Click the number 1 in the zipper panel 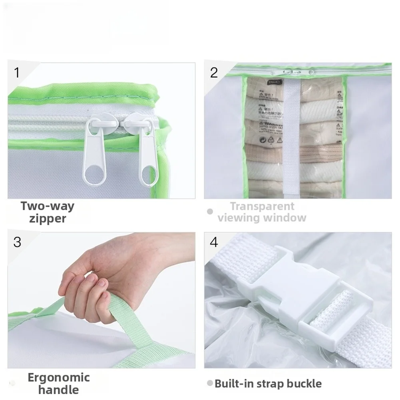tap(16, 72)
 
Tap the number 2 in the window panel tap(214, 72)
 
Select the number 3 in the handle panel tap(17, 242)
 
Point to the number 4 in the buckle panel tap(214, 242)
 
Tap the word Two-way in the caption tap(48, 206)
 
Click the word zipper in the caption tap(48, 219)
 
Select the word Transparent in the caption tap(262, 206)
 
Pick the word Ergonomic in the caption tap(58, 377)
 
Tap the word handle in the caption tap(58, 390)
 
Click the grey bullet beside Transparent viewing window tap(210, 212)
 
